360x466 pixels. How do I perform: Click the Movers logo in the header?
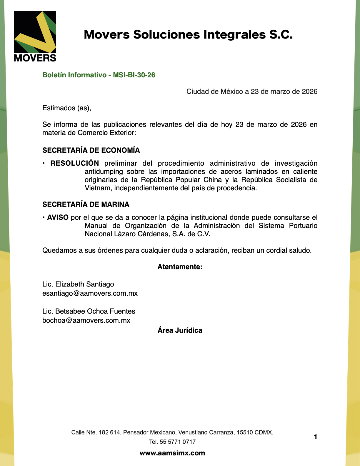pos(35,36)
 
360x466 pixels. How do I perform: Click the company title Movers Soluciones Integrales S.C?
pos(188,35)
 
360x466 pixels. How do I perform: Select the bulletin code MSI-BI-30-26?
pos(134,75)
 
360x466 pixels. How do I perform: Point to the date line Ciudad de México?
pos(252,91)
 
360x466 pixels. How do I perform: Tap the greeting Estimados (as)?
pos(67,108)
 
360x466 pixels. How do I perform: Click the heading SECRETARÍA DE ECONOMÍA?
pos(91,150)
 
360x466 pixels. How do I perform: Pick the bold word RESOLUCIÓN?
pos(74,163)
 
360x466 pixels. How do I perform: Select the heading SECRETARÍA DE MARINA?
pos(86,204)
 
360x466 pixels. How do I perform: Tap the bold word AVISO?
pos(58,217)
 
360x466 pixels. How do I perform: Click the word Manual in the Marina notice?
pos(96,226)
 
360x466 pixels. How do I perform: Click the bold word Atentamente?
pos(180,267)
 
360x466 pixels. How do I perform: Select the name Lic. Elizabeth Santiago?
pos(78,284)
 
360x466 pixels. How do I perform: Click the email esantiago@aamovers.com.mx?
pos(90,293)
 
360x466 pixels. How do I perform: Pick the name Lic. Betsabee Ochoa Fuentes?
pos(89,311)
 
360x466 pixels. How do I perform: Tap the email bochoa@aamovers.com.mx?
pos(86,320)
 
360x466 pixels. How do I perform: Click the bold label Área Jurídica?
pos(180,330)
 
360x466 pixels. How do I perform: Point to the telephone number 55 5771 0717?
pos(178,442)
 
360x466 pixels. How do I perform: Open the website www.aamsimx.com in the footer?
pos(172,453)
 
